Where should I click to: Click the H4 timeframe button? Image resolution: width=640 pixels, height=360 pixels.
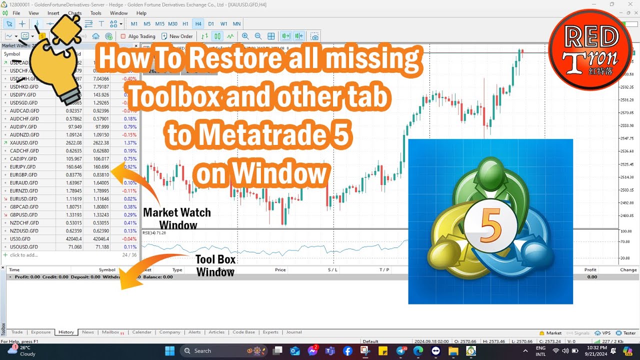point(198,23)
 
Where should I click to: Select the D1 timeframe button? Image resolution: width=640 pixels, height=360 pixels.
point(211,23)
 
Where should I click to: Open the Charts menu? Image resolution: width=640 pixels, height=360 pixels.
point(74,13)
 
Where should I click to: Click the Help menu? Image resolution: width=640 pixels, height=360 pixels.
point(141,13)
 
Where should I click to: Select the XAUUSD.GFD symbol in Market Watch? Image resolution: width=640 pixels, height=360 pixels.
point(24,142)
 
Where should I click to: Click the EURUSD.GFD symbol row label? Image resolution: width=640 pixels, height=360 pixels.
point(24,198)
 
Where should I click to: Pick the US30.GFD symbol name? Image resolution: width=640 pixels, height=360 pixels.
point(20,238)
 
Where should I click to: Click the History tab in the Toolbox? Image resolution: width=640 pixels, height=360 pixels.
point(66,332)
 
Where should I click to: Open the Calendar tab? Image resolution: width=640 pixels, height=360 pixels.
point(141,332)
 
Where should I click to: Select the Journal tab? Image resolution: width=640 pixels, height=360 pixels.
point(294,332)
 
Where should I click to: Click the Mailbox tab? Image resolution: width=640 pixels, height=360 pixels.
point(110,332)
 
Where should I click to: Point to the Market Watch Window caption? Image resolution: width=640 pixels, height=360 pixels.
point(177,218)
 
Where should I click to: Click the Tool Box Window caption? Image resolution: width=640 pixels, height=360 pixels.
point(215,265)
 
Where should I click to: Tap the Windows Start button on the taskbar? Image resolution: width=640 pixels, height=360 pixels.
point(169,350)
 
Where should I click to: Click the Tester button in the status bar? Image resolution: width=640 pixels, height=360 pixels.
point(626,333)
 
